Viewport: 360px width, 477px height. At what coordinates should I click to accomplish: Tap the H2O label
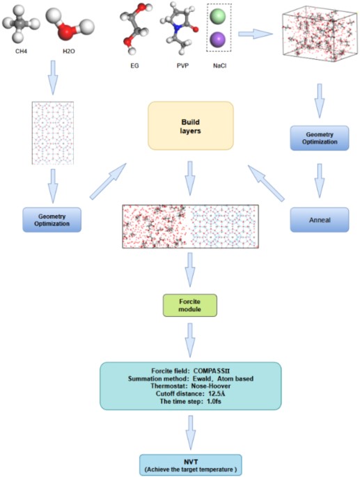pos(67,49)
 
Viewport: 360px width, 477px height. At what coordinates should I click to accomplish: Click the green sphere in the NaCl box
pos(219,15)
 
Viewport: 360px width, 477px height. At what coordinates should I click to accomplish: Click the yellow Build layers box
pos(190,125)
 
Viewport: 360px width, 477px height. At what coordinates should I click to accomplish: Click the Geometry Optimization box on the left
pos(53,218)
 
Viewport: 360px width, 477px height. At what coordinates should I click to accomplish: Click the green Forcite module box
pos(190,304)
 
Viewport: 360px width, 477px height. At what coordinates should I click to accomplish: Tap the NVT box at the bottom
pos(190,464)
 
